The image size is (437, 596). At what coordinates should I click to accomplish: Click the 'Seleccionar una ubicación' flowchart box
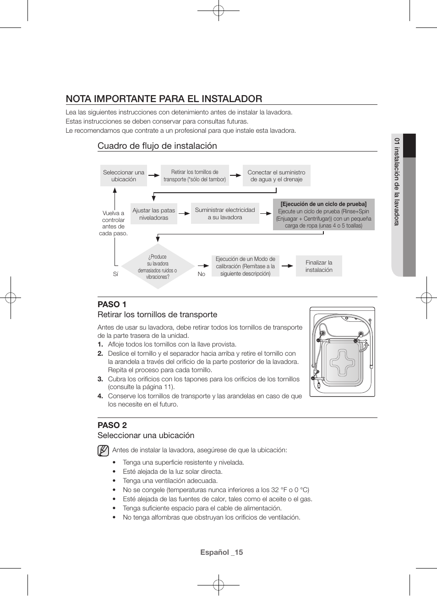tap(123, 176)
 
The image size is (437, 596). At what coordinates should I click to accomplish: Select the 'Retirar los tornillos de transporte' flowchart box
tap(195, 176)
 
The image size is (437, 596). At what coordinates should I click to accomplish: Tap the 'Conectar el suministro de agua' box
tap(276, 176)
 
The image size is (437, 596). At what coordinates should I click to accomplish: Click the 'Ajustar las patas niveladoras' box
tap(153, 214)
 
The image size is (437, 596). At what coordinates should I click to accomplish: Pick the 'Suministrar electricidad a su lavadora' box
tap(224, 213)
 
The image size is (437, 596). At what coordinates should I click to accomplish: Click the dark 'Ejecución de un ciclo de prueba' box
tap(323, 214)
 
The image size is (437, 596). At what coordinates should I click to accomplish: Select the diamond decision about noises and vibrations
tap(158, 266)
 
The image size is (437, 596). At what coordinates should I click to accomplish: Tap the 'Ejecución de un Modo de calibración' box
tap(245, 266)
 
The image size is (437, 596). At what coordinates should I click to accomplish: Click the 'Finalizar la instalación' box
tap(319, 266)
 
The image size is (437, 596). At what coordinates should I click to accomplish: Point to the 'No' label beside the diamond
tap(201, 274)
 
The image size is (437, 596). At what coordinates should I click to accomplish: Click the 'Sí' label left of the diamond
tap(115, 274)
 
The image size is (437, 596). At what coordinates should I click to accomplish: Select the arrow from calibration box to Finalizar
tap(287, 266)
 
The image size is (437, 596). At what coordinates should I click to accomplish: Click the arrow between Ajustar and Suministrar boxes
tap(184, 213)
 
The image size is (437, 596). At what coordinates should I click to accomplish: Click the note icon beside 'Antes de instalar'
tap(103, 450)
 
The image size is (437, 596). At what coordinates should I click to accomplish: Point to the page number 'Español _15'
tap(221, 552)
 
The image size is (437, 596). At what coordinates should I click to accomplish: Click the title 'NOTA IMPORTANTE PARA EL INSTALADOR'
tap(164, 98)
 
